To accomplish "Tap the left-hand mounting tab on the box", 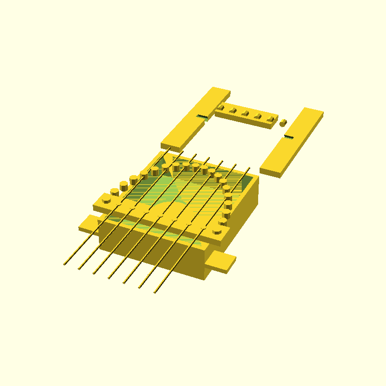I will (88, 223).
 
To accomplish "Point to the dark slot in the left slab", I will (202, 117).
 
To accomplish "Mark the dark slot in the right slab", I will (289, 137).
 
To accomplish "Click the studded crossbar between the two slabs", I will (246, 115).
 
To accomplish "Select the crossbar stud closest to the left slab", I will (221, 107).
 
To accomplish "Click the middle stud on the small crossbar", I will (245, 113).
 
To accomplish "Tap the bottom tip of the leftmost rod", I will (64, 264).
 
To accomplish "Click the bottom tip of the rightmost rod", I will (154, 292).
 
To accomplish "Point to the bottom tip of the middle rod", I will (109, 278).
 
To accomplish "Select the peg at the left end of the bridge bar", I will (105, 198).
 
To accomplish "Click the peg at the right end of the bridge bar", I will (217, 231).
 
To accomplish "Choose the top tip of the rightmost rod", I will (249, 168).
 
